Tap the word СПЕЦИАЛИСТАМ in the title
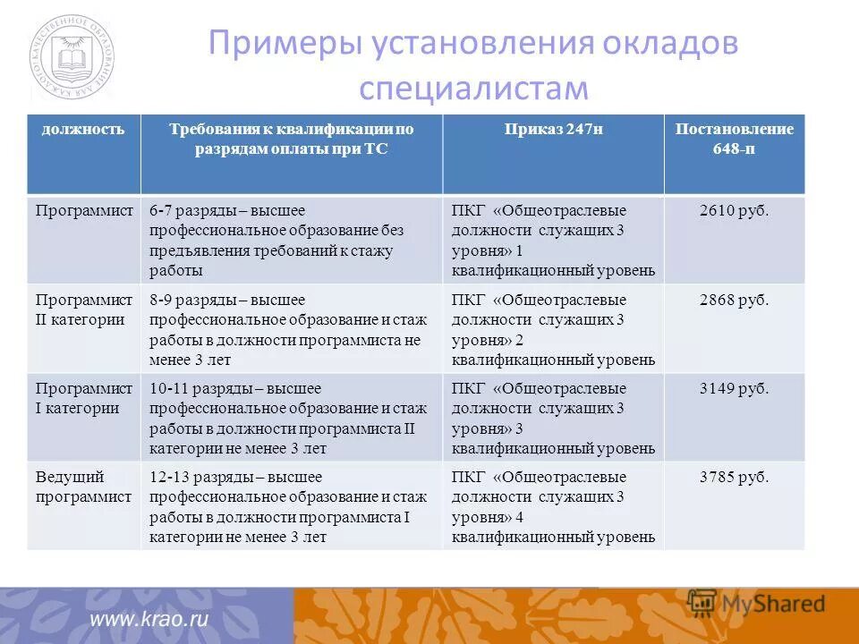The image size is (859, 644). (x=473, y=89)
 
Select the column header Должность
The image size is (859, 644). (x=82, y=129)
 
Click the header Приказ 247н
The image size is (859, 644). (x=552, y=129)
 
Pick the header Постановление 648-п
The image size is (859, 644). (x=734, y=139)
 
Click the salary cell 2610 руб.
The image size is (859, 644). (x=734, y=210)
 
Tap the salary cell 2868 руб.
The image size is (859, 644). (x=734, y=300)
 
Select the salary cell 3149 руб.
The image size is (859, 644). (x=734, y=388)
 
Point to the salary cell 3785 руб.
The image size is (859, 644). (x=734, y=477)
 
